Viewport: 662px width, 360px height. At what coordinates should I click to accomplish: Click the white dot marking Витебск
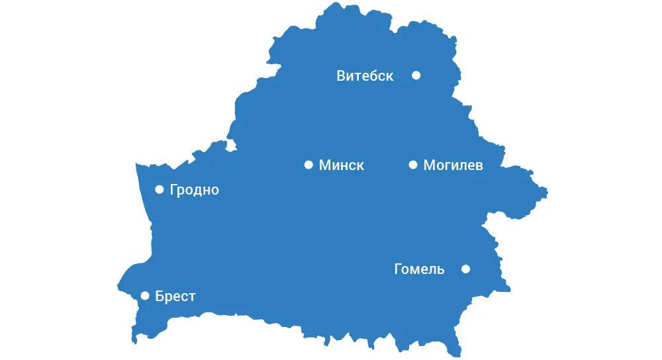tap(416, 75)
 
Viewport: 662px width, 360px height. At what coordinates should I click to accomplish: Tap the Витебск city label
tap(365, 76)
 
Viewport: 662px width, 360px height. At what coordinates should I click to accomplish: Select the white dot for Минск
tap(308, 165)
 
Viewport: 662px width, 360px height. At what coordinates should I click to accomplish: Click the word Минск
tap(342, 165)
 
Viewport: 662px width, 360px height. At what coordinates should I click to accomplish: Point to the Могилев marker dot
tap(413, 165)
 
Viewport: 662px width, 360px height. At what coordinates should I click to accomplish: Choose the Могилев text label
tap(453, 165)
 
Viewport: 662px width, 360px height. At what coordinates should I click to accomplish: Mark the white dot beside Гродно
tap(159, 189)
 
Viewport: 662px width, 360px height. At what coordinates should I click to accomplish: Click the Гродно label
tap(194, 191)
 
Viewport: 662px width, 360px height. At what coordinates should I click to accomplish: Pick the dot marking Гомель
tap(465, 269)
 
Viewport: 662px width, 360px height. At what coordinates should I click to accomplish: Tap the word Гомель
tap(419, 269)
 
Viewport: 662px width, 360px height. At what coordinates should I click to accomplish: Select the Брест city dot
tap(145, 296)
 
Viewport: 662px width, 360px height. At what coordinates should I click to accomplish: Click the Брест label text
tap(175, 296)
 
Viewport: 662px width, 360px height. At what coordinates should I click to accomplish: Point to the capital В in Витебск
tap(342, 76)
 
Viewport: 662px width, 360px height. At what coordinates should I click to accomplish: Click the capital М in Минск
tap(324, 165)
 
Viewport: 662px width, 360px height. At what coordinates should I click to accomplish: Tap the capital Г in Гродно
tap(173, 190)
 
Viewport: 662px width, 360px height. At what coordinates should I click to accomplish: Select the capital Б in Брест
tap(160, 296)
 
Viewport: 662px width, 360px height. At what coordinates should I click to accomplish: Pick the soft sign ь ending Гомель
tap(441, 270)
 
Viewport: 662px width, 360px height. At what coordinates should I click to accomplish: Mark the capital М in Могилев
tap(429, 165)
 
